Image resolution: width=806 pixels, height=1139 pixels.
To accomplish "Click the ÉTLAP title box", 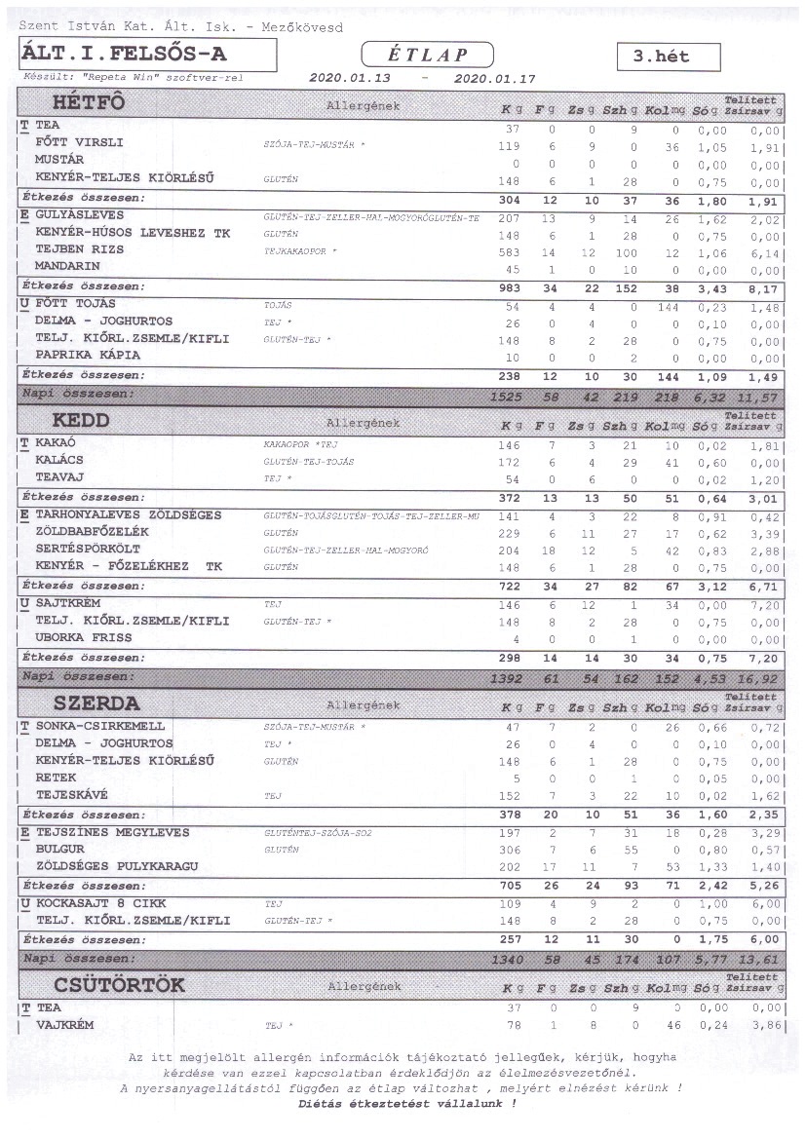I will (427, 55).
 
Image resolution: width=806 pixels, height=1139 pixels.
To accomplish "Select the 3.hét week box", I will (669, 57).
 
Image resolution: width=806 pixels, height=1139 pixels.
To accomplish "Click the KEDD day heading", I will (82, 421).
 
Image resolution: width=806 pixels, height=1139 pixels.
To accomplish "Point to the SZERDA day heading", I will (96, 702).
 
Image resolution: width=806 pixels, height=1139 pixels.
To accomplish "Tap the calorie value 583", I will (510, 249).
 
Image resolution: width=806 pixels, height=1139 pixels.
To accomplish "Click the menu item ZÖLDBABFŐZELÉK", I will (93, 532).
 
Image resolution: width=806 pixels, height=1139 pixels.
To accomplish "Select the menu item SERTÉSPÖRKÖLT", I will (88, 550).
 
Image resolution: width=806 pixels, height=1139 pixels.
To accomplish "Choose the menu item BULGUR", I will (60, 850).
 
